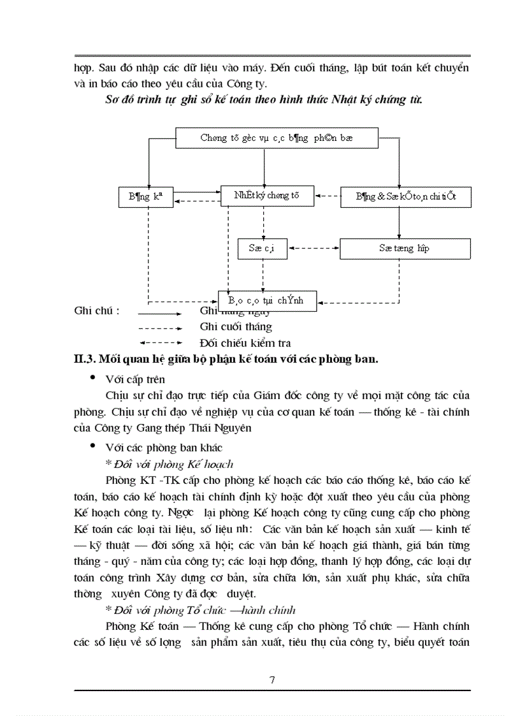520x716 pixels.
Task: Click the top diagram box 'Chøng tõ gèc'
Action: (x=277, y=138)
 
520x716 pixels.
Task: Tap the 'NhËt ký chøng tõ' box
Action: (x=268, y=196)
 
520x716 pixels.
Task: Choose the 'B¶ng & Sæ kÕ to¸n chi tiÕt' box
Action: (x=406, y=197)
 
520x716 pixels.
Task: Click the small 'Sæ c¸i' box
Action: (x=261, y=249)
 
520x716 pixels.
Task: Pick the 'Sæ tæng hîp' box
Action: (x=405, y=249)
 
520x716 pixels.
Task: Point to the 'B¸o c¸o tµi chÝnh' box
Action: (x=268, y=300)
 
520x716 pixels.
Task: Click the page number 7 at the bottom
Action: (x=273, y=680)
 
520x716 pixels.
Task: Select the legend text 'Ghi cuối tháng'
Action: (x=236, y=327)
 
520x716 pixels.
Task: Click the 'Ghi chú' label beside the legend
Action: (x=97, y=311)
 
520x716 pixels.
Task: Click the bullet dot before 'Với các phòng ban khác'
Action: (x=94, y=446)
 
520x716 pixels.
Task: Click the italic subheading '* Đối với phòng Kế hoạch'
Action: (x=170, y=464)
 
